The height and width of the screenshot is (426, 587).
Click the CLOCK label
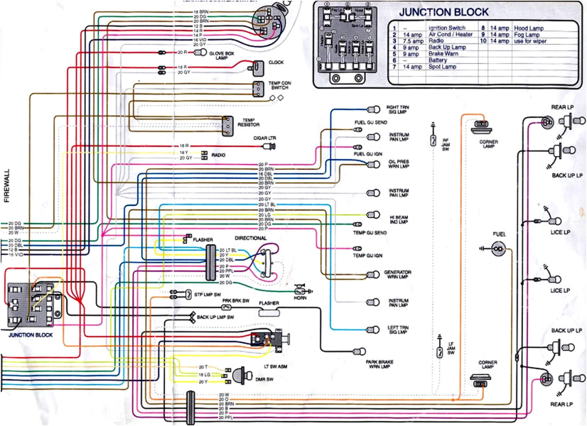coord(276,62)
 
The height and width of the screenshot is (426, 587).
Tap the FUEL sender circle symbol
coord(498,248)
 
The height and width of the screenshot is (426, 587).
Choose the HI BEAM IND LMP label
coord(399,219)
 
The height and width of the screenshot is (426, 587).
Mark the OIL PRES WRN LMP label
coord(399,164)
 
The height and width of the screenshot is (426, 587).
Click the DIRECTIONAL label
coord(250,238)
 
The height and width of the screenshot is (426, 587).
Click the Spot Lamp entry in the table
coord(442,66)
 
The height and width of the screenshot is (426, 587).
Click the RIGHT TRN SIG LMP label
coord(398,109)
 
